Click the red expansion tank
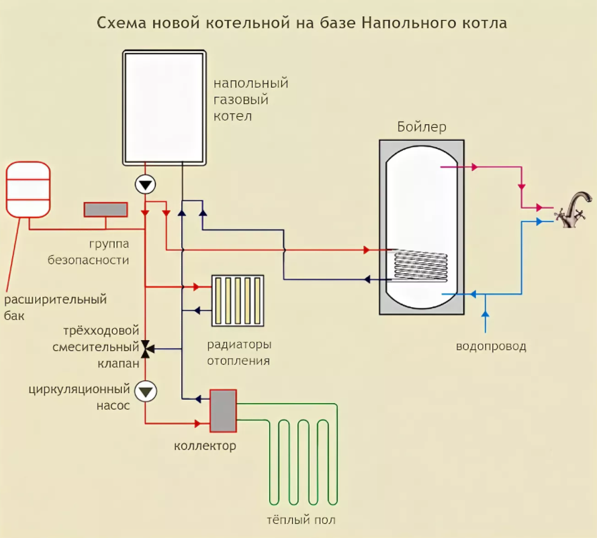28,189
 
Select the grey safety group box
105,210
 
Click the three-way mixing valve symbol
146,347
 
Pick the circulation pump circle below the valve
146,390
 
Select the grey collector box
223,411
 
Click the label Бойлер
422,127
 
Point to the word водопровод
491,347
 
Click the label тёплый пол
301,520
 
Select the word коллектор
205,446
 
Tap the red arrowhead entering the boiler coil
367,250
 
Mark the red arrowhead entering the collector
198,423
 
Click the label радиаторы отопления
239,353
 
